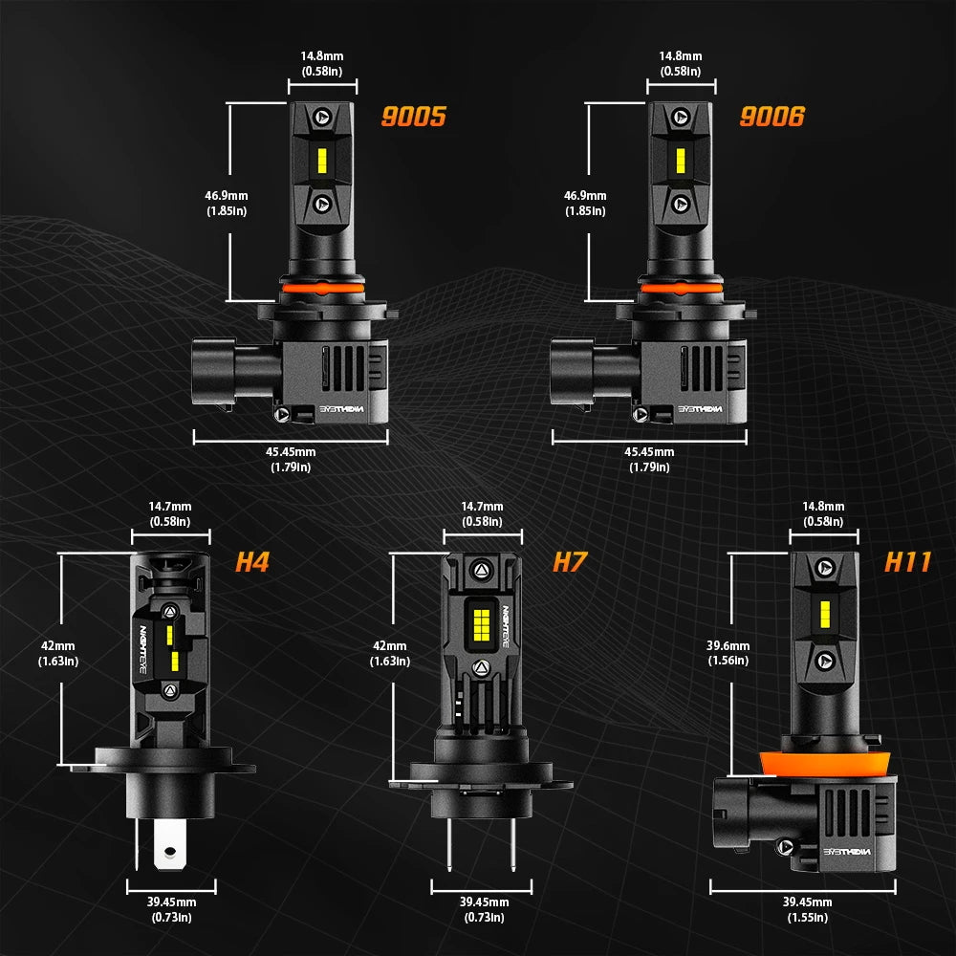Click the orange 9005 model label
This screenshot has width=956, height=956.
413,118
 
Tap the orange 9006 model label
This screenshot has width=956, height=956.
771,117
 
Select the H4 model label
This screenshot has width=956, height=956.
251,562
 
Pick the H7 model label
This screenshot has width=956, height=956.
569,562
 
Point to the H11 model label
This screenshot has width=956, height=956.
906,561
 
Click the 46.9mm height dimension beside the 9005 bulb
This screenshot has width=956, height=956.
226,203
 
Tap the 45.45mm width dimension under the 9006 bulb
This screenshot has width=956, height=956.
649,459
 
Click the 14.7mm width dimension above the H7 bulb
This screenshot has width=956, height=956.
482,513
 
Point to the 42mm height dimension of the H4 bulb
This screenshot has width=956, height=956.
58,653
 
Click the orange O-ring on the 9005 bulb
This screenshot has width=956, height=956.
323,287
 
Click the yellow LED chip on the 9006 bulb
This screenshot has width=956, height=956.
681,161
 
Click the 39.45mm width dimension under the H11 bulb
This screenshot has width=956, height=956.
807,909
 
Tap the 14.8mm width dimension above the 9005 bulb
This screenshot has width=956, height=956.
322,63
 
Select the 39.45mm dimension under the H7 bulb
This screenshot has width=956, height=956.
484,909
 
